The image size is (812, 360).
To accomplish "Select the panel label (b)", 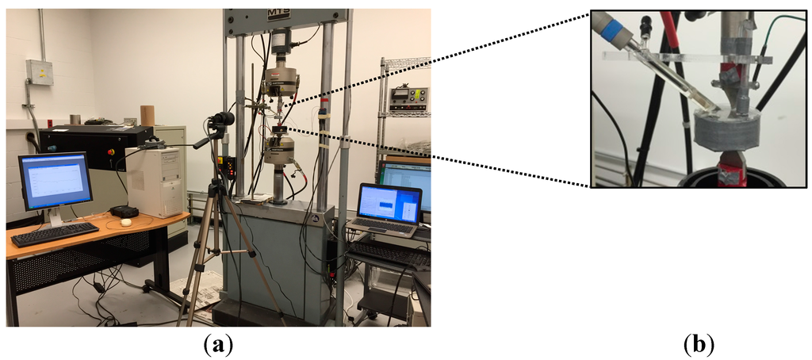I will pos(698,344).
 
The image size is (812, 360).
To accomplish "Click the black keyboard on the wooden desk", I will pos(54,234).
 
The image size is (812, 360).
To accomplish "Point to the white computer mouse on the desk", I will pos(125,223).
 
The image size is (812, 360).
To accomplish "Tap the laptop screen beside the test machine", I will pos(389,203).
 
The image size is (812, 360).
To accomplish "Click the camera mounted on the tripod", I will pos(221,121).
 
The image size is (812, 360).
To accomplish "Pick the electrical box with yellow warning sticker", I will pos(38,72).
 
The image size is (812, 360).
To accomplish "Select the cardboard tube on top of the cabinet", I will pos(147,115).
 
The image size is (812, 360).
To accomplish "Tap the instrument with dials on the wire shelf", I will pos(408,98).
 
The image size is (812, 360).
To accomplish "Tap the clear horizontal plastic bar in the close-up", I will pos(682,58).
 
